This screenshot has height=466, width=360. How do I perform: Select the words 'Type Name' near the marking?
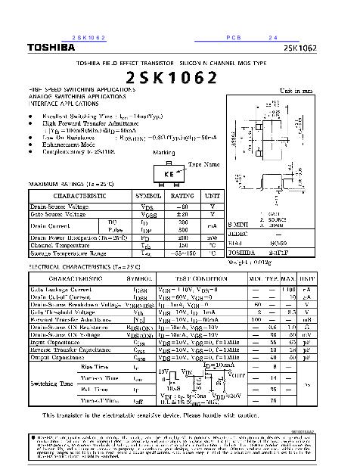[x=203, y=163]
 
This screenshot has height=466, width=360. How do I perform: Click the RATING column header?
[x=182, y=195]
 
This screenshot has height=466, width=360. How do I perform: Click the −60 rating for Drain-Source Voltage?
[x=182, y=206]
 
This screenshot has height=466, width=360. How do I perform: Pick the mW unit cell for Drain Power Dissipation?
[x=213, y=238]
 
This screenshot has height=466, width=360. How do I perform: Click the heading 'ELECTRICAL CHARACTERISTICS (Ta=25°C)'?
[x=77, y=268]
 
